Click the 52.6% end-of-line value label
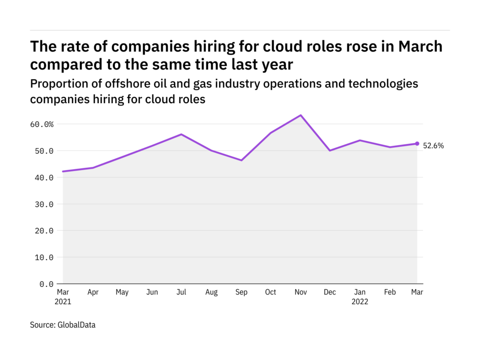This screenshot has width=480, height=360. pos(434,146)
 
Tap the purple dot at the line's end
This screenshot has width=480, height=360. pos(417,143)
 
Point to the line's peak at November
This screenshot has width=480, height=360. pos(300,115)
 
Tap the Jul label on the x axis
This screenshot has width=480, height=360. pos(181,292)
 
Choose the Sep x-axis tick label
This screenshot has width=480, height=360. pos(241,292)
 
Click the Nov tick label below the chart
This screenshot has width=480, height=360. pos(300,292)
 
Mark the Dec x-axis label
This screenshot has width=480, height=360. pos(330,292)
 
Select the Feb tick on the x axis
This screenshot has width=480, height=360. pos(390,292)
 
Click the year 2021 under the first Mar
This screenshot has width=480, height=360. pos(63,302)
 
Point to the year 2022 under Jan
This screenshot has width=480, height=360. pos(360,302)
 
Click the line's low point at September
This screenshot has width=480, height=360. pos(241,160)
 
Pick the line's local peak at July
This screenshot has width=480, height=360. pos(181,135)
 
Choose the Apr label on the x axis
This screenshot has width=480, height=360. pos(93,292)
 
